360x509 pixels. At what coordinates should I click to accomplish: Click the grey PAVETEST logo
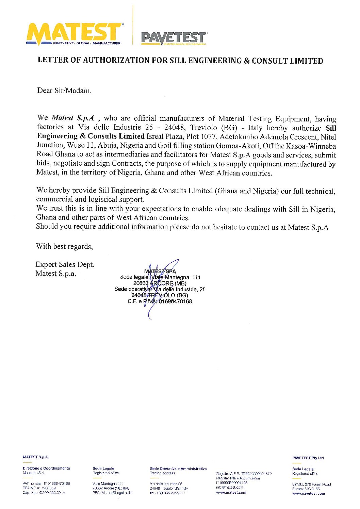pyautogui.click(x=174, y=38)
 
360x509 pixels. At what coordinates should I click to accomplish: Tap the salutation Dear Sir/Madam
pyautogui.click(x=64, y=91)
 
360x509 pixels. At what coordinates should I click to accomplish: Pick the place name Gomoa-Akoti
pyautogui.click(x=230, y=146)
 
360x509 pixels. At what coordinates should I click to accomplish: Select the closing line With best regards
pyautogui.click(x=64, y=246)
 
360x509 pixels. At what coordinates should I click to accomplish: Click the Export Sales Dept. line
pyautogui.click(x=65, y=264)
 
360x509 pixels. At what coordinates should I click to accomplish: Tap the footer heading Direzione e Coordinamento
pyautogui.click(x=46, y=469)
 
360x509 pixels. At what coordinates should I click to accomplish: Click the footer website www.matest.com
pyautogui.click(x=231, y=492)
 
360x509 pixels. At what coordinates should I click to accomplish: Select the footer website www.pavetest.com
pyautogui.click(x=308, y=493)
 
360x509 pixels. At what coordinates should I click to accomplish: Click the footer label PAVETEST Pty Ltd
pyautogui.click(x=308, y=458)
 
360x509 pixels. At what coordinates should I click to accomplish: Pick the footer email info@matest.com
pyautogui.click(x=229, y=488)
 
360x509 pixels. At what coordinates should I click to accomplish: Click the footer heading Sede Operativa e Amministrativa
pyautogui.click(x=178, y=469)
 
